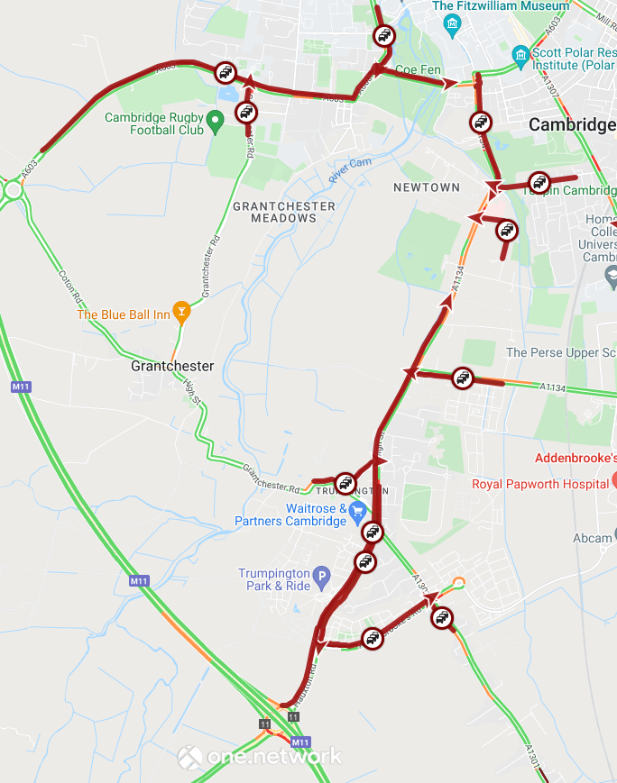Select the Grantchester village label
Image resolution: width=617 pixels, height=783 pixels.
click(x=172, y=366)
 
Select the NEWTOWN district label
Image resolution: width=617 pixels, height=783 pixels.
click(x=427, y=187)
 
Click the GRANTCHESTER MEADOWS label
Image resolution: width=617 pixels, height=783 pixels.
click(x=283, y=212)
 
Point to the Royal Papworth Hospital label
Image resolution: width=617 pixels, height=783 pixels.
click(x=540, y=484)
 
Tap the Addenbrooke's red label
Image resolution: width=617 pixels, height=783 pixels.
click(x=576, y=458)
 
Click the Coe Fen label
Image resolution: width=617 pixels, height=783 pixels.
click(x=418, y=69)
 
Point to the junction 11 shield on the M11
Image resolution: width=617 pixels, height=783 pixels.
click(x=264, y=724)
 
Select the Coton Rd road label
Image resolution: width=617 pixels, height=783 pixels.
click(x=69, y=287)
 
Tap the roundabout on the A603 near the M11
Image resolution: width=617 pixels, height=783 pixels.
click(x=13, y=190)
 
